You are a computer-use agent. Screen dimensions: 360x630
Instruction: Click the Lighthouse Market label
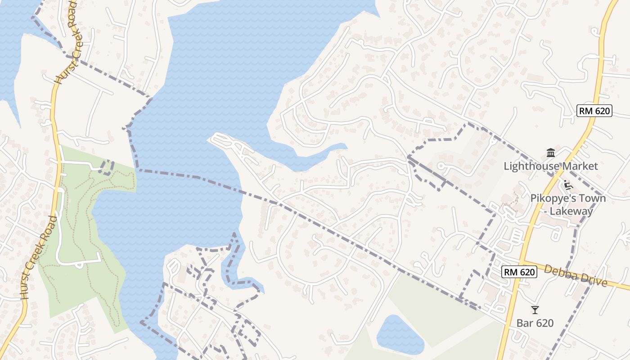coord(550,166)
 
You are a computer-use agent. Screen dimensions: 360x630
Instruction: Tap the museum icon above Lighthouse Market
coord(550,153)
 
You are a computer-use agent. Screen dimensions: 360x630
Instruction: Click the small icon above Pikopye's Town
coord(568,184)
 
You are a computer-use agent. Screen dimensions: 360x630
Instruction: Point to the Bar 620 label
coord(535,323)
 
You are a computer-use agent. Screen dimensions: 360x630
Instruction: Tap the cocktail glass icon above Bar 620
coord(535,310)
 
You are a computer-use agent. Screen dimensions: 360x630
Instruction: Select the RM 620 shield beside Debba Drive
coord(519,272)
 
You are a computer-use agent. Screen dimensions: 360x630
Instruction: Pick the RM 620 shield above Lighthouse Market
coord(594,111)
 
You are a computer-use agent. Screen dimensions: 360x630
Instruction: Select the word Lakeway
coord(580,211)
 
